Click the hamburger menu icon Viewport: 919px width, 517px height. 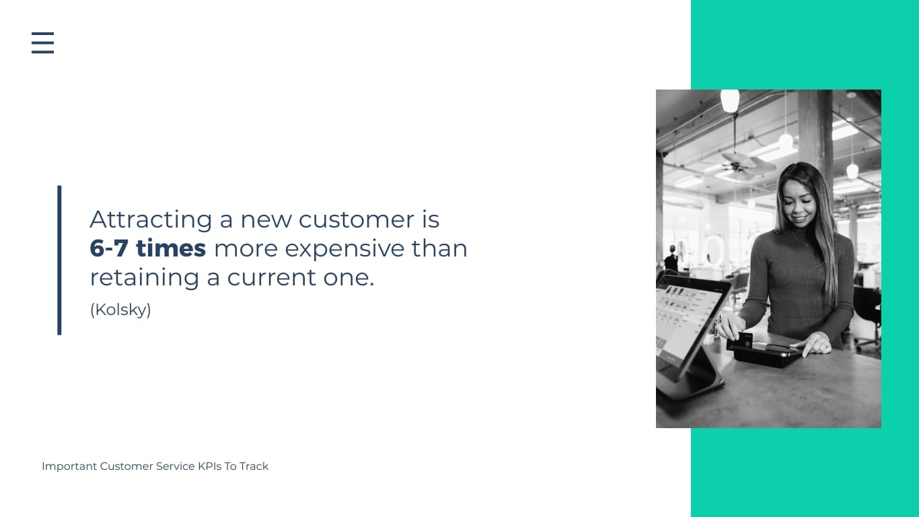(42, 42)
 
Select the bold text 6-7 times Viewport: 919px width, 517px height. (147, 248)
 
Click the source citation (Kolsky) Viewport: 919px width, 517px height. (120, 310)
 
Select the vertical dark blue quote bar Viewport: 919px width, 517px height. (59, 260)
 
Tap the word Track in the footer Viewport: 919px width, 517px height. (254, 466)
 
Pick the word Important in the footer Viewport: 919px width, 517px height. (69, 466)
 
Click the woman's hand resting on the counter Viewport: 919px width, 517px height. (815, 344)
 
